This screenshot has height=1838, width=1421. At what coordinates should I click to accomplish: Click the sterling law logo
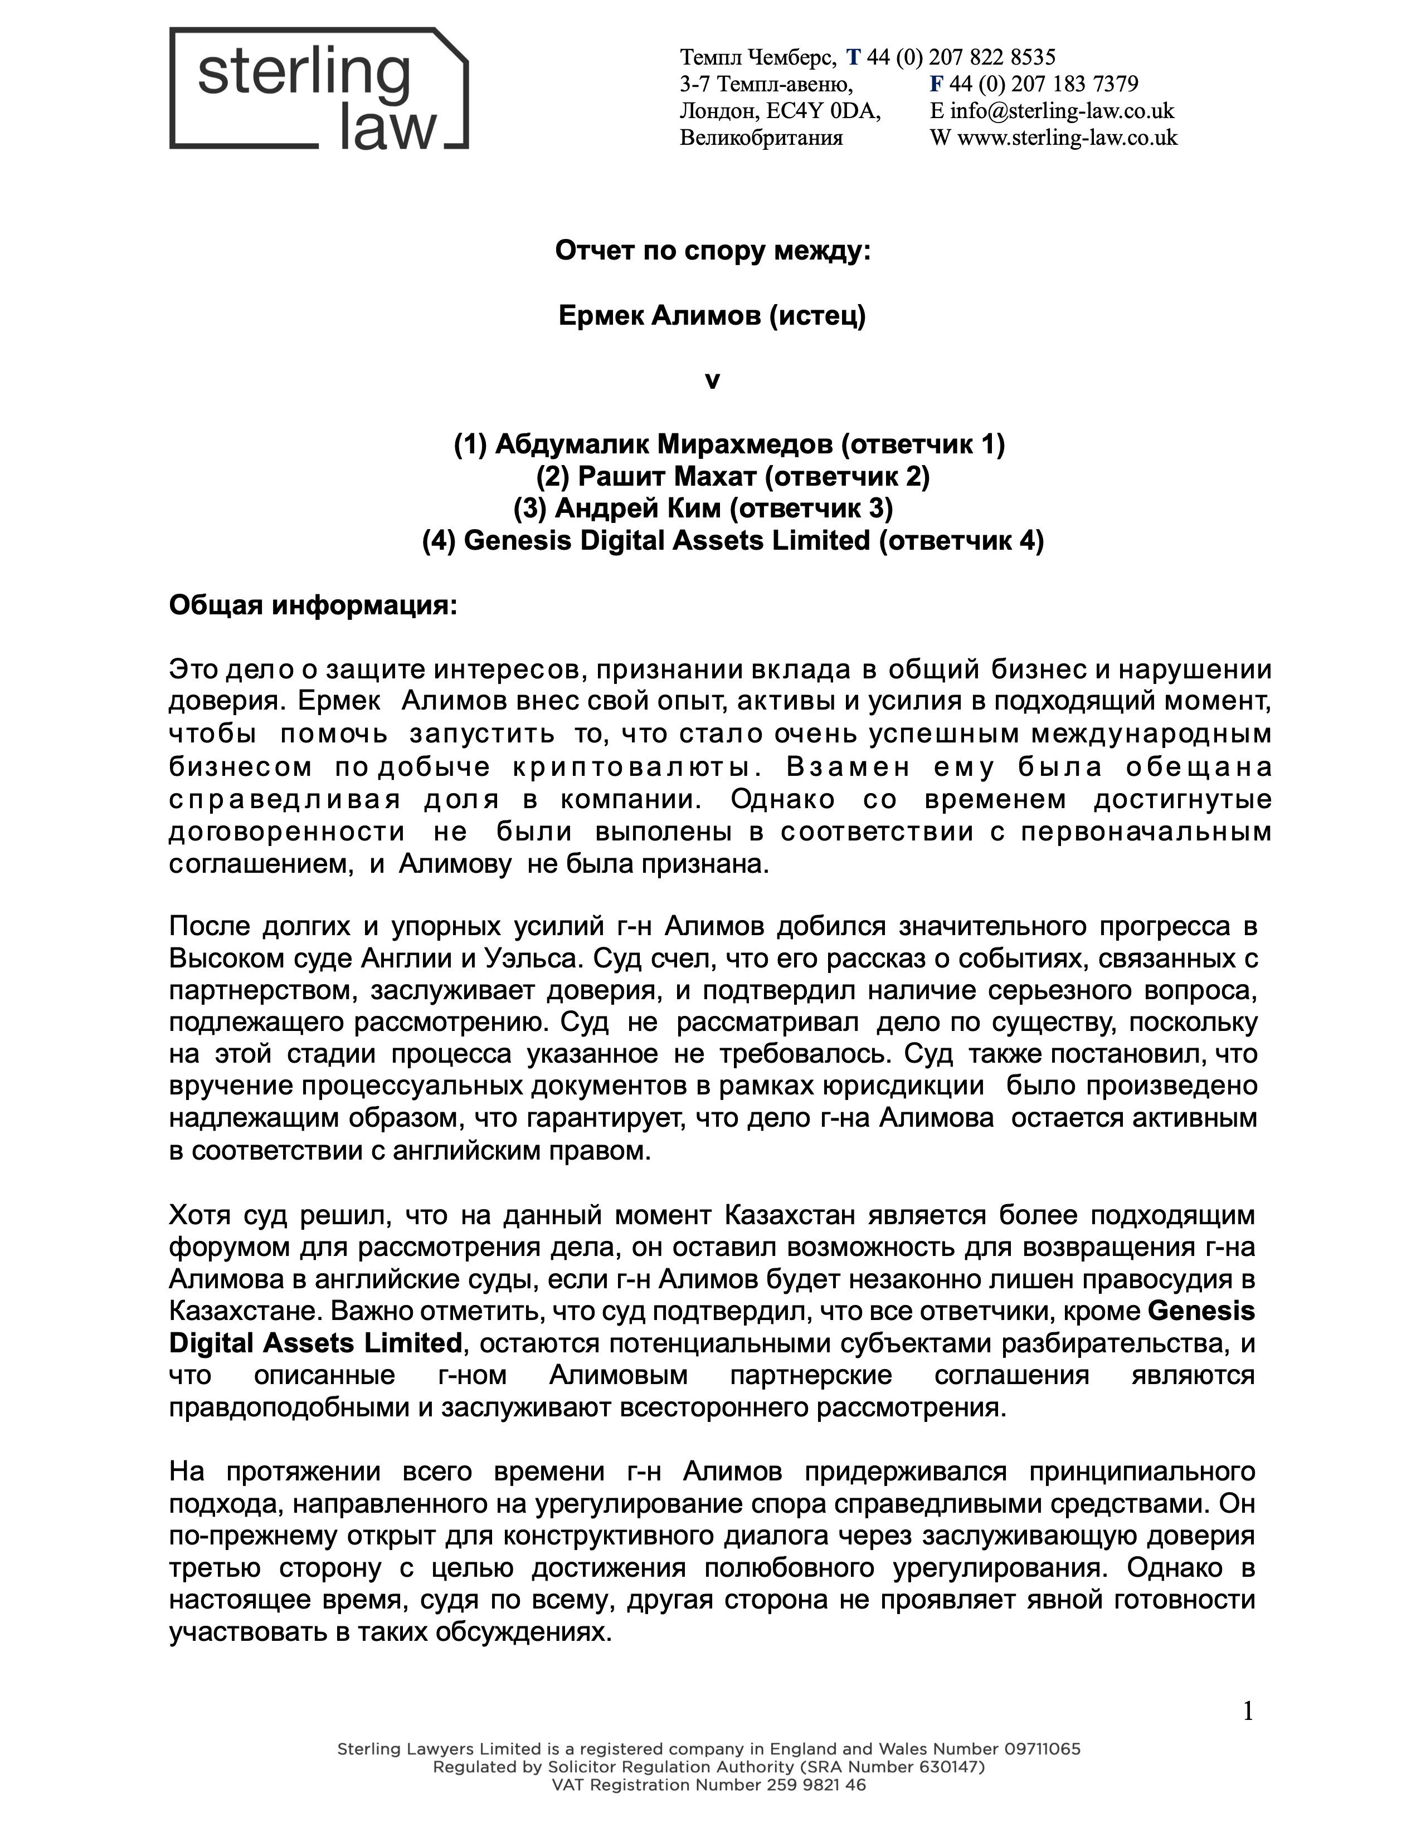click(318, 89)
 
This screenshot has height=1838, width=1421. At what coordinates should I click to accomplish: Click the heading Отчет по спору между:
click(712, 251)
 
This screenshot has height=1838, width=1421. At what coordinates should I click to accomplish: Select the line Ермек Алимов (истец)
click(712, 316)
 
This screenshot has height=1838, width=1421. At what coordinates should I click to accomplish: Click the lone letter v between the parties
click(712, 380)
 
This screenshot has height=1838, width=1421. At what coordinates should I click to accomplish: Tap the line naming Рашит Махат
click(732, 476)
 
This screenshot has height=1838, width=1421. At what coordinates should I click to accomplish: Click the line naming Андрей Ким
click(703, 509)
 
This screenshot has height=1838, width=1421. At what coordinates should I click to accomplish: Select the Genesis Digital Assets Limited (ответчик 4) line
click(732, 540)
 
